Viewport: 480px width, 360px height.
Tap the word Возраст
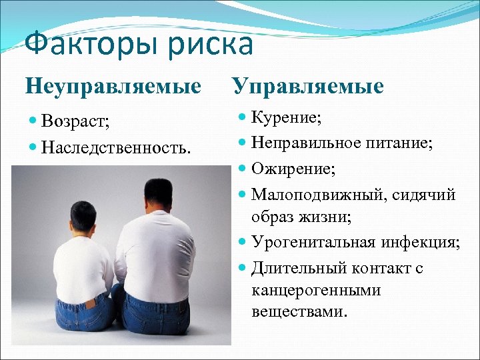click(x=75, y=121)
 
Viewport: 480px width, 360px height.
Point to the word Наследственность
click(x=115, y=145)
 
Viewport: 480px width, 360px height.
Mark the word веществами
click(x=299, y=311)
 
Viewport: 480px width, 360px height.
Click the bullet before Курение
click(x=243, y=119)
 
